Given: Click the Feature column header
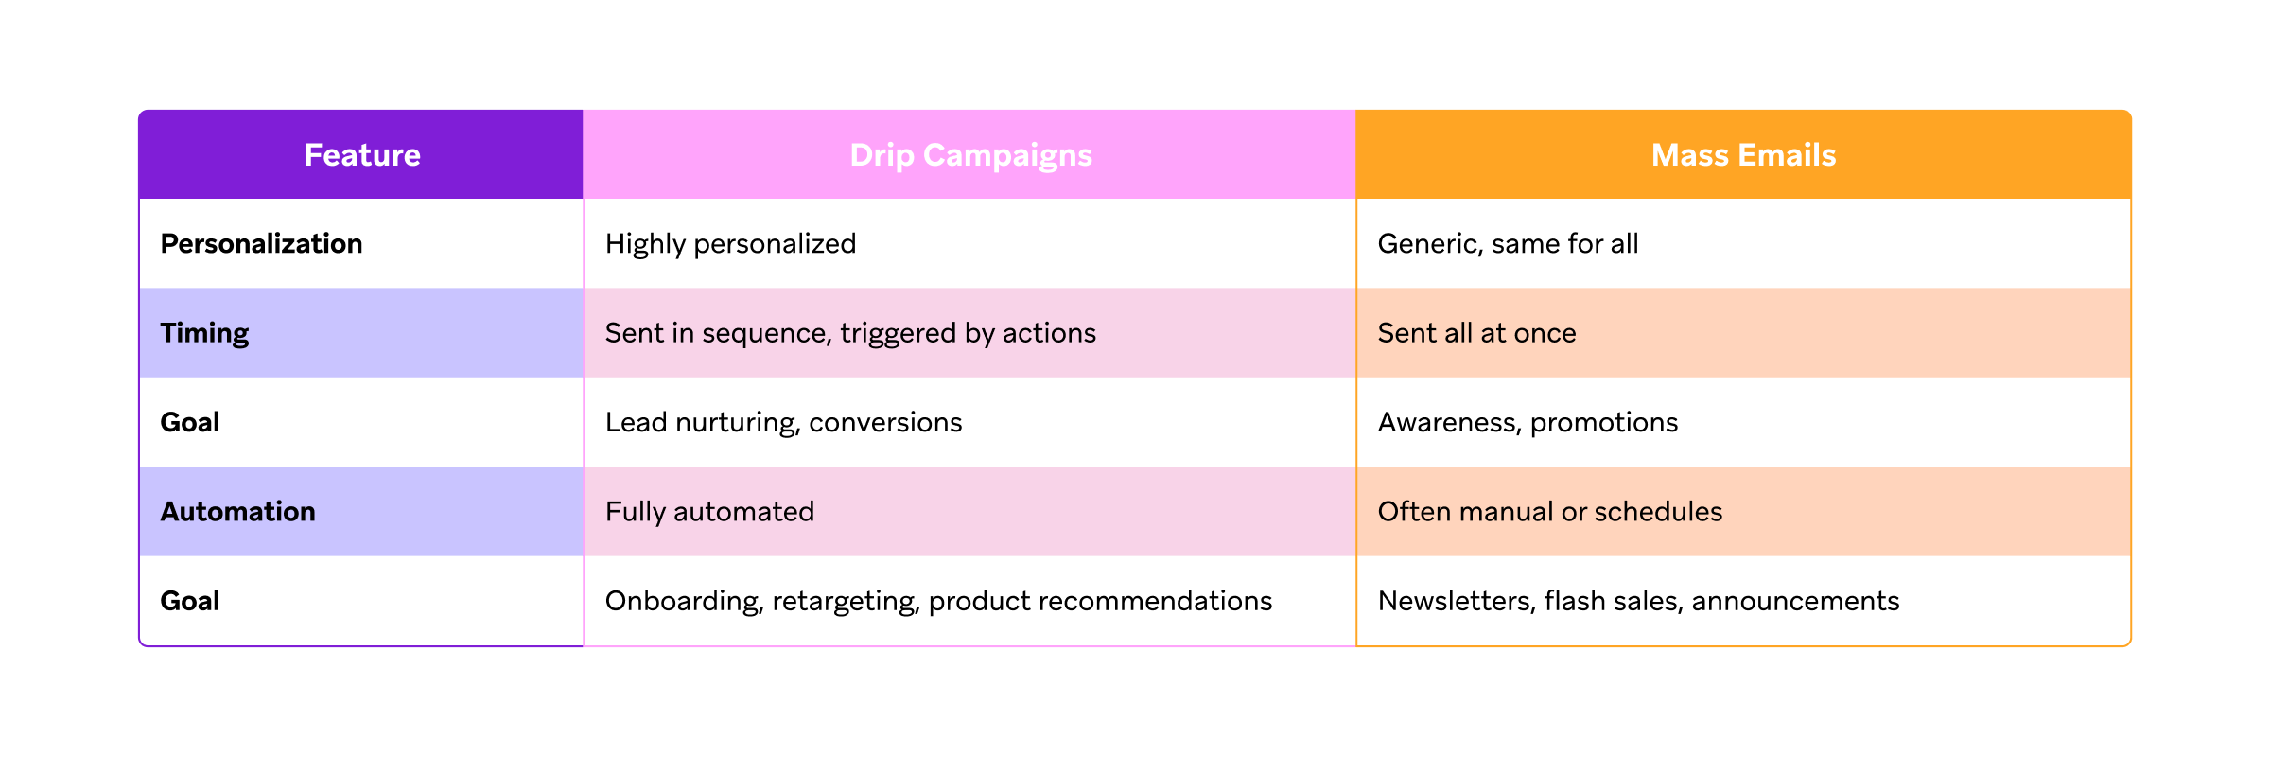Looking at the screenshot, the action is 362,155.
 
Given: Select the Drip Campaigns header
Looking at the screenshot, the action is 971,155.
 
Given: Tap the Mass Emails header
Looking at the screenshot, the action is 1743,155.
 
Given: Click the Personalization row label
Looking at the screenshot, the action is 261,244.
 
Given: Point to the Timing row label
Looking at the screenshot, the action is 204,333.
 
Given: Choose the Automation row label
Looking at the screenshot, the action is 237,512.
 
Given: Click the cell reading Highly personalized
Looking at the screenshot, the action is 730,244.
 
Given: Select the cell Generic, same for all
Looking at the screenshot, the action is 1508,244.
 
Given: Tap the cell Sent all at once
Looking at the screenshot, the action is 1476,333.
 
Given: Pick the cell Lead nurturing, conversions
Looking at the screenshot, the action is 783,422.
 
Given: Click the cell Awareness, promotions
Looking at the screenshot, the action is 1528,422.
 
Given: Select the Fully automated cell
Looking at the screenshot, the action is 709,512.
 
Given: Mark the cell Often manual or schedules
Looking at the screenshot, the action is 1549,512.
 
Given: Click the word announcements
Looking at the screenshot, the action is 1795,601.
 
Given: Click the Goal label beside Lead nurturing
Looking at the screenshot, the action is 190,422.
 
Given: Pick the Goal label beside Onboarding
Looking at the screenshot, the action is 190,601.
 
